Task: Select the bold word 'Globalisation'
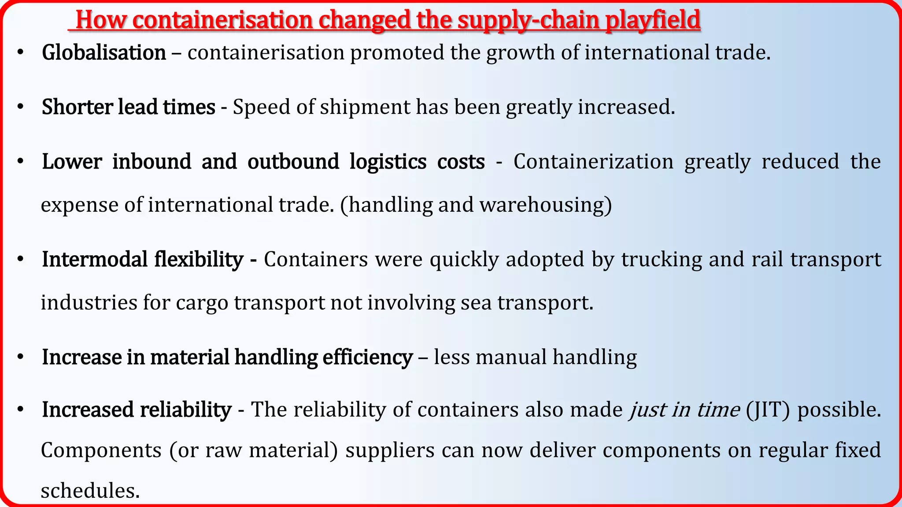(x=104, y=53)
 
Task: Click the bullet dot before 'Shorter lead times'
(x=20, y=107)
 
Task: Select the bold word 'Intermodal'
(x=95, y=259)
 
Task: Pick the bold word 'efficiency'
(x=368, y=357)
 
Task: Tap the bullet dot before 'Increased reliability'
(x=20, y=410)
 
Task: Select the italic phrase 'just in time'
(x=684, y=410)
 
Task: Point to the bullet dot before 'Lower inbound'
(x=20, y=162)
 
